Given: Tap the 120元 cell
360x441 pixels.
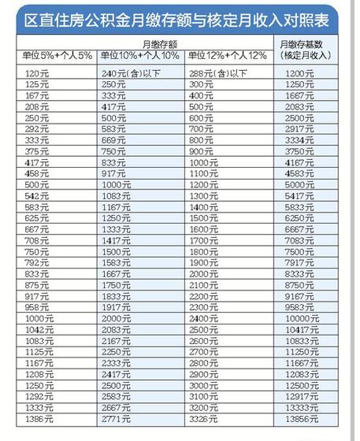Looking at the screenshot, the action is click(x=36, y=72).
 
